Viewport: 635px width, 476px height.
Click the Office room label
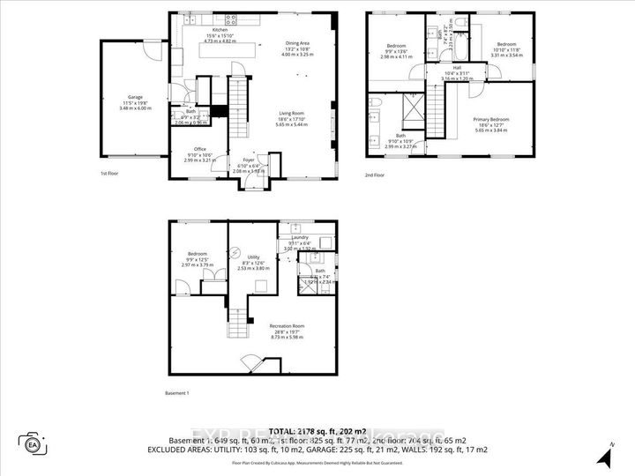click(x=200, y=149)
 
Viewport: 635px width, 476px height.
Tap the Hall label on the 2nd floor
click(x=457, y=67)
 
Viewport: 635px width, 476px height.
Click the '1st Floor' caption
click(x=110, y=175)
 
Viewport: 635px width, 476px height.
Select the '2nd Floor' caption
click(x=375, y=175)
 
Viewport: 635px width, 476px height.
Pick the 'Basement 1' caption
click(x=177, y=392)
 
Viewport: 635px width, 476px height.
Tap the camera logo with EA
click(x=33, y=443)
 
